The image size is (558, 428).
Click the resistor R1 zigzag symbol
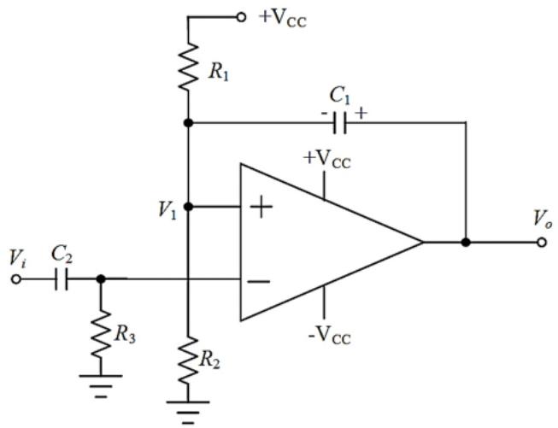(188, 67)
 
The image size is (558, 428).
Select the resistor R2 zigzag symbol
(188, 360)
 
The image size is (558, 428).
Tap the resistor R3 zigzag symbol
(101, 334)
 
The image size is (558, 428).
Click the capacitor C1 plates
(340, 123)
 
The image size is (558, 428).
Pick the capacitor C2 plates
(62, 279)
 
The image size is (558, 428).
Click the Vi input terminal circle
(16, 279)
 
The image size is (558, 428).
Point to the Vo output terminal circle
(542, 243)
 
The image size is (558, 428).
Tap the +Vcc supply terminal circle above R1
(241, 17)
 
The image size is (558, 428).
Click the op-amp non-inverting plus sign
(261, 207)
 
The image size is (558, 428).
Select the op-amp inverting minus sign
(259, 282)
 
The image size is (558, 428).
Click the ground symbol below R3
(101, 385)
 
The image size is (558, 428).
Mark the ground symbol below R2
(188, 413)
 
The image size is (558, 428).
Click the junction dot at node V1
(188, 207)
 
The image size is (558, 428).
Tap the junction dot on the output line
(466, 243)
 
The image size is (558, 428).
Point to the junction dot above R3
(101, 279)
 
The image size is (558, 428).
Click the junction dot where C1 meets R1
(188, 123)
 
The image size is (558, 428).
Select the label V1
(167, 210)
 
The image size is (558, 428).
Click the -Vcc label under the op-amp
(329, 335)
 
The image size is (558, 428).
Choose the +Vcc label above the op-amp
(327, 160)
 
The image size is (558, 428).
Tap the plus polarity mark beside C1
(361, 114)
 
